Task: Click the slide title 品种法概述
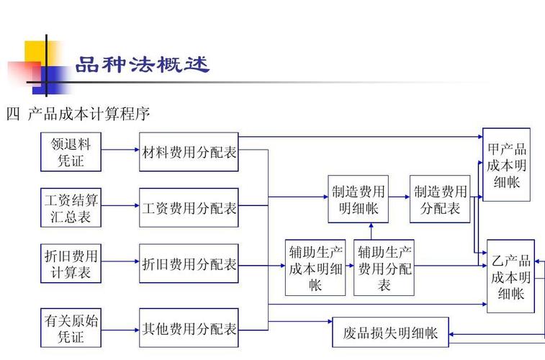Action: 143,66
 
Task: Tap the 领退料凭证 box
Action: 71,151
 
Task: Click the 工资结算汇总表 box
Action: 71,207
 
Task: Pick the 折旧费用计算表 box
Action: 71,264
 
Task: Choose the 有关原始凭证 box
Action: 71,328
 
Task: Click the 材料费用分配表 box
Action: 189,151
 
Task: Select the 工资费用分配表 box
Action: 189,207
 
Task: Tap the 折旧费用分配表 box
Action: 189,264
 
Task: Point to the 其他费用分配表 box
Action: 189,328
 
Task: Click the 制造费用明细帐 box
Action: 359,199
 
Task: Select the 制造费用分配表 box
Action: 440,199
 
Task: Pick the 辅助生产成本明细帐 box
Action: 315,266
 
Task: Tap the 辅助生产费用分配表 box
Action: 384,266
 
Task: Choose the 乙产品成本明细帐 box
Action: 510,276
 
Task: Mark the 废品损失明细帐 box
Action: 390,333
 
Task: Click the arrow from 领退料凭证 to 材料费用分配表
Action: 121,150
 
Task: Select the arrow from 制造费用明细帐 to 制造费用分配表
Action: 399,197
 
